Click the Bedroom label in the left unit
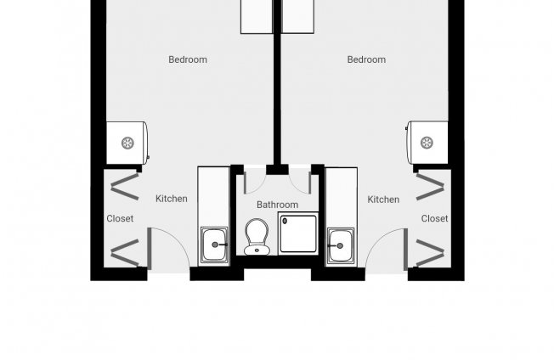coord(188,59)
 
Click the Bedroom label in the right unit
coord(366,59)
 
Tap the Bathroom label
coord(277,205)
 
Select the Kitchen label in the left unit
coord(172,199)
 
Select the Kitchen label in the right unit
coord(383,200)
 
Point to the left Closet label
coord(120,218)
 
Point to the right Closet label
coord(434,218)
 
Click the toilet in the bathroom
coord(257,237)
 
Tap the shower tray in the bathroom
coord(298,233)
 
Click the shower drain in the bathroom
coord(285,222)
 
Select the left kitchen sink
coord(214,245)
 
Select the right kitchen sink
coord(341,246)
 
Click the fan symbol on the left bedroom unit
coord(127,143)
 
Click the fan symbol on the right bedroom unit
coord(427,143)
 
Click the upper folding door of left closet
coord(124,187)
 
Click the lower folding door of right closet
coord(430,253)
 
